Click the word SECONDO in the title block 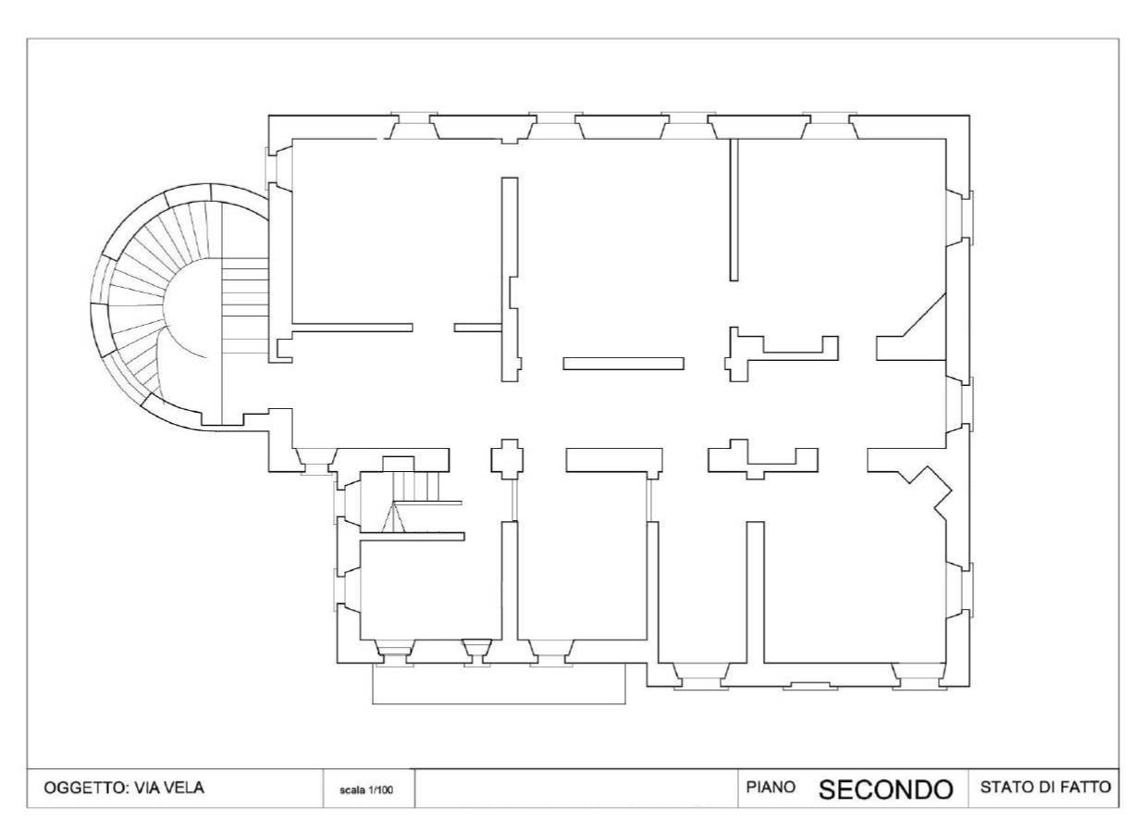click(x=886, y=789)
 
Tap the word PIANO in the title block click(x=771, y=787)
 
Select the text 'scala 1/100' click(x=366, y=789)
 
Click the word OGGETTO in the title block click(x=84, y=788)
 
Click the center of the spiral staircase click(x=192, y=307)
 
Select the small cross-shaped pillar click(x=508, y=459)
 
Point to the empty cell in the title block click(x=576, y=789)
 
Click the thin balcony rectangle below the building click(x=499, y=684)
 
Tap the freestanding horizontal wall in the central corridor click(x=623, y=363)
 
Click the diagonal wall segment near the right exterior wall click(x=923, y=315)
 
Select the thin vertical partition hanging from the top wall click(x=734, y=209)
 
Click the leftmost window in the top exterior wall click(x=414, y=126)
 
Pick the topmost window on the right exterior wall click(x=959, y=217)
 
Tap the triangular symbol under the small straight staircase click(x=393, y=517)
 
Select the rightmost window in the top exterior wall click(x=830, y=126)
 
